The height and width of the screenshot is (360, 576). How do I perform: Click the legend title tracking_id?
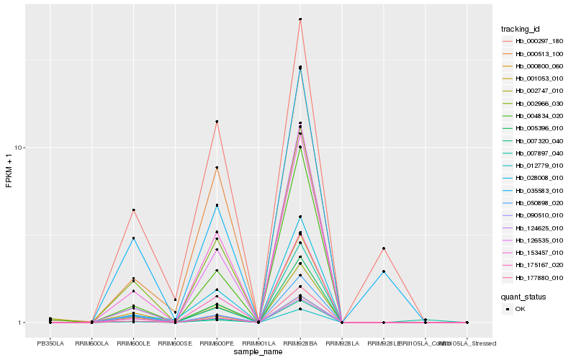[521, 29]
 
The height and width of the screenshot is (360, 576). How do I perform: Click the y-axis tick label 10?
[19, 148]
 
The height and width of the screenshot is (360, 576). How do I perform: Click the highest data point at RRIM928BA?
[300, 19]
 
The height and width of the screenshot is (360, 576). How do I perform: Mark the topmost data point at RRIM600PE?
[217, 122]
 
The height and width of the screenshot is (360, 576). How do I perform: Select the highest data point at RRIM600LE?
[133, 210]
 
